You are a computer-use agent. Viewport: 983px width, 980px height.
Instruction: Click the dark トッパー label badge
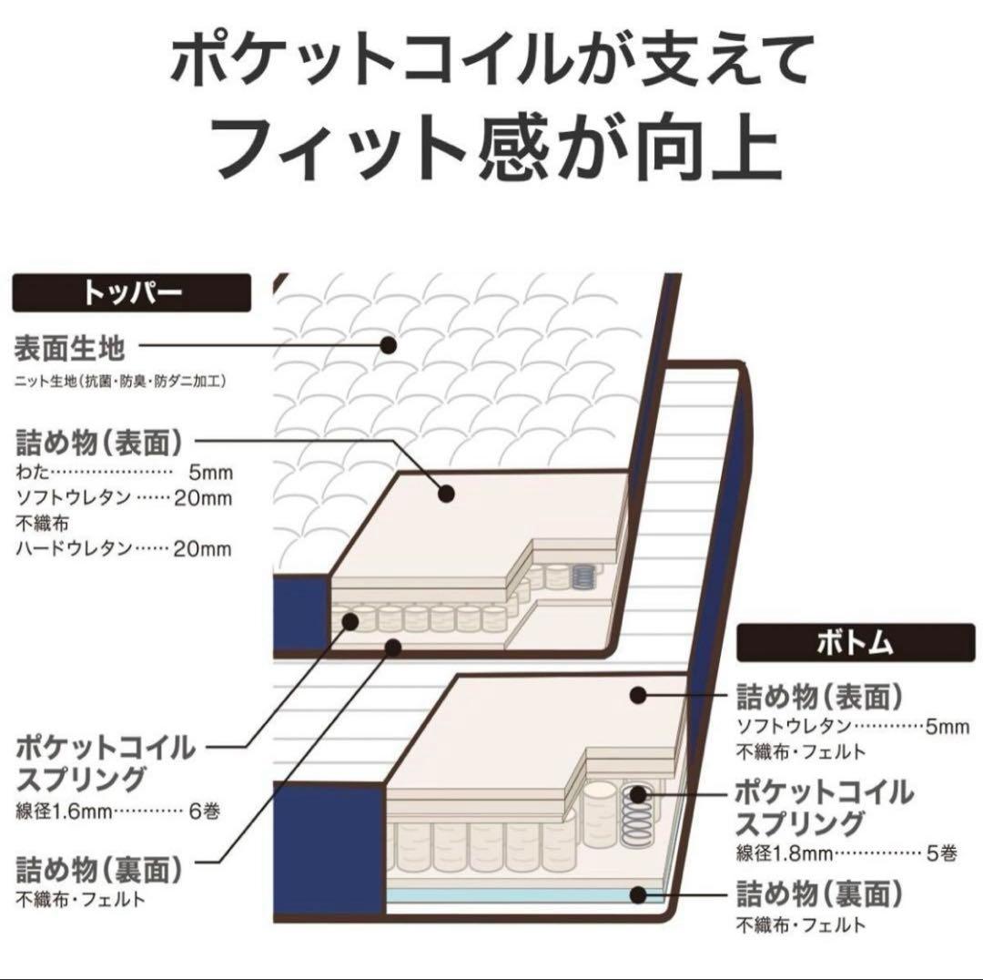(x=131, y=293)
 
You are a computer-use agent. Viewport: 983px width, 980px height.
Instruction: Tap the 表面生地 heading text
(x=69, y=348)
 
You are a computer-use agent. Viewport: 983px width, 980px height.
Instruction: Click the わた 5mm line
(x=124, y=473)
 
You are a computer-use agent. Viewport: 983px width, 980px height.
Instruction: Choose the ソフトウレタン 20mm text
(x=124, y=498)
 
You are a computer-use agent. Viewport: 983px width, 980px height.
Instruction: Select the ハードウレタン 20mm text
(x=124, y=548)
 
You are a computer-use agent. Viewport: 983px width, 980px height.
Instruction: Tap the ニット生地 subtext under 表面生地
(x=119, y=382)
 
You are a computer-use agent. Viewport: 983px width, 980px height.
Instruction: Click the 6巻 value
(x=200, y=810)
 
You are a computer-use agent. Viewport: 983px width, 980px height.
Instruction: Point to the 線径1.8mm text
(x=785, y=853)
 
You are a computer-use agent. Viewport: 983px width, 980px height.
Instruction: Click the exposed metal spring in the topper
(x=583, y=576)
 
